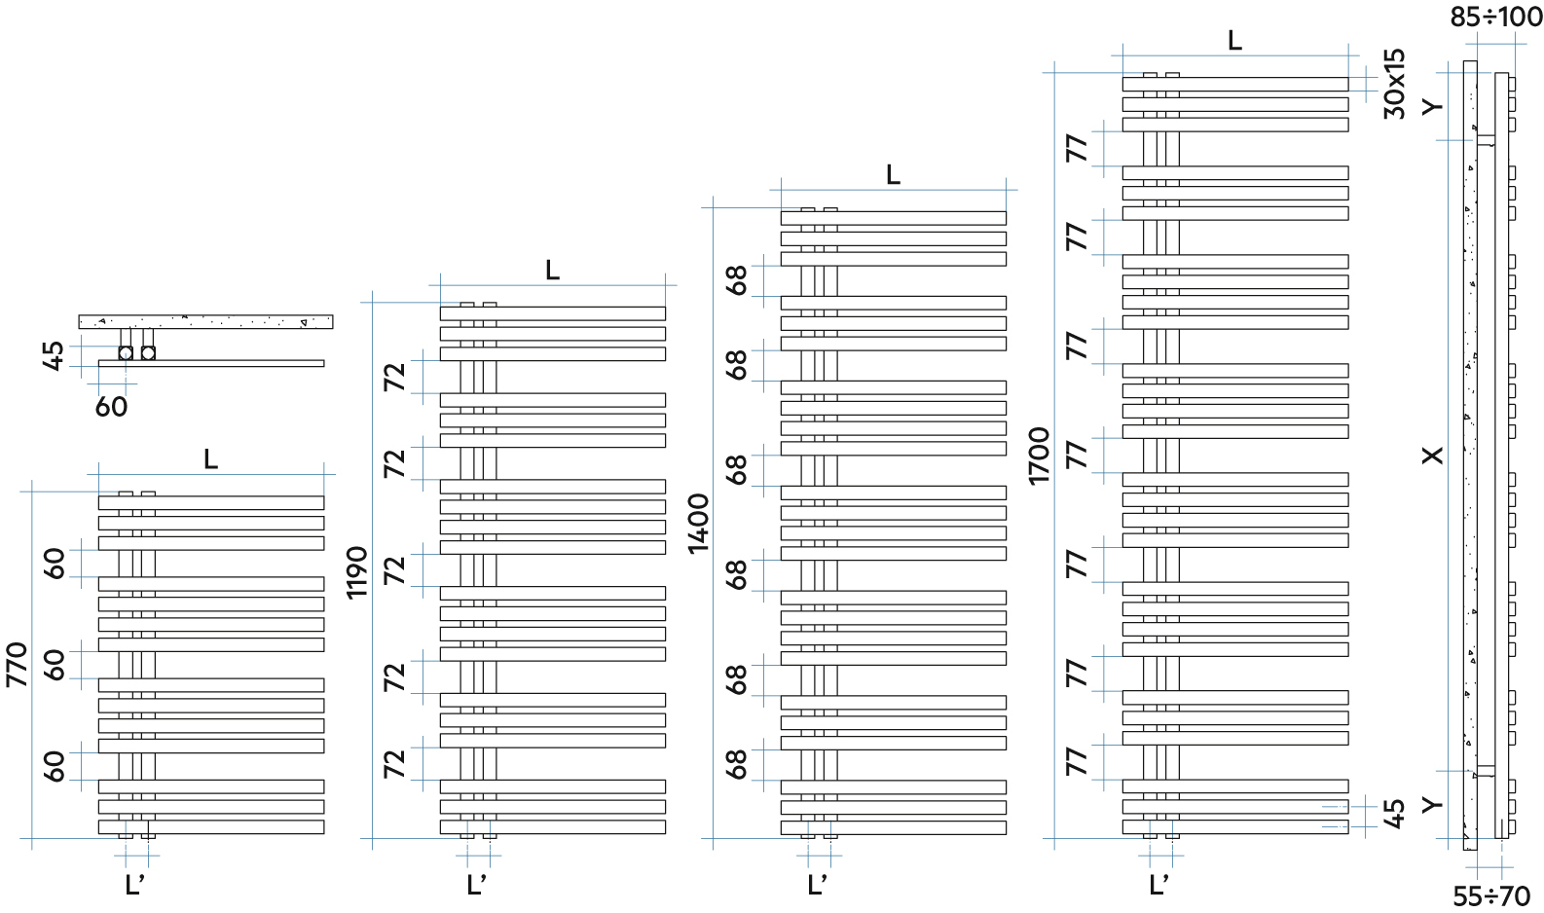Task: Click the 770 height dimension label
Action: click(18, 664)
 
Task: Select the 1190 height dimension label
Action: click(358, 572)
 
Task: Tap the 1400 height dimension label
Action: click(699, 524)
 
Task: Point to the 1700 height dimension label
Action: click(1040, 456)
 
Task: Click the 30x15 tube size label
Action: click(1394, 84)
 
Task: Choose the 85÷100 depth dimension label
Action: click(1495, 17)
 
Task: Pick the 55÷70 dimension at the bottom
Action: click(1491, 895)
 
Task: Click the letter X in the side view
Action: click(1432, 455)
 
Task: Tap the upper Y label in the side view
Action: click(1432, 105)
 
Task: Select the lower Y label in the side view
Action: click(1432, 804)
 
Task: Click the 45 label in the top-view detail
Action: click(55, 354)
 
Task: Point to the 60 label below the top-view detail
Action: click(111, 406)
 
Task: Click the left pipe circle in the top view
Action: click(126, 352)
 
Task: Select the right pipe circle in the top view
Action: click(148, 352)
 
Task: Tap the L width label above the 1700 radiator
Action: click(1234, 40)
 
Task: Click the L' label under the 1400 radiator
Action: click(817, 885)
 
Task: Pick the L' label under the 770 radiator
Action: click(134, 885)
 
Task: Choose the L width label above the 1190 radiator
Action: click(552, 270)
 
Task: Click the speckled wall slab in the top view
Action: click(205, 321)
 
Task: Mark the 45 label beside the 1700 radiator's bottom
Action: click(1394, 813)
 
